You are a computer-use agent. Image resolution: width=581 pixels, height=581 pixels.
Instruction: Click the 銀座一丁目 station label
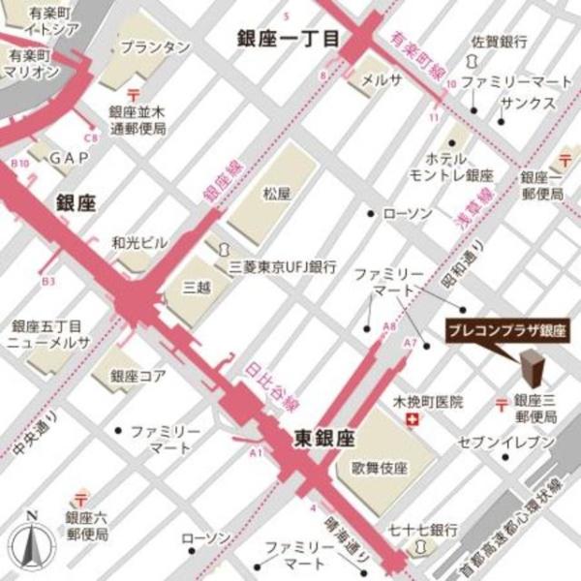pyautogui.click(x=290, y=38)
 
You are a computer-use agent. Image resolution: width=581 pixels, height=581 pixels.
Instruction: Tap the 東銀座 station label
pyautogui.click(x=322, y=439)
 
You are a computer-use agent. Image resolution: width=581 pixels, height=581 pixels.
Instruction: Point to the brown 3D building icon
pyautogui.click(x=532, y=372)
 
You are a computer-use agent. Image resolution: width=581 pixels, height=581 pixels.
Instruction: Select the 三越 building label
pyautogui.click(x=197, y=288)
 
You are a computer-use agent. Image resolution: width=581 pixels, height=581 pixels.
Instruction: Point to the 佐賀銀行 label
pyautogui.click(x=499, y=43)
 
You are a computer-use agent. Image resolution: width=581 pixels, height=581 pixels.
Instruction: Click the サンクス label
pyautogui.click(x=528, y=103)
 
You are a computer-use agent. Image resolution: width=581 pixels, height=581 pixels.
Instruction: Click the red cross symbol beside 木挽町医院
pyautogui.click(x=413, y=419)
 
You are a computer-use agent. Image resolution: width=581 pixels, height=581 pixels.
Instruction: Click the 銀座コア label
pyautogui.click(x=138, y=375)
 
